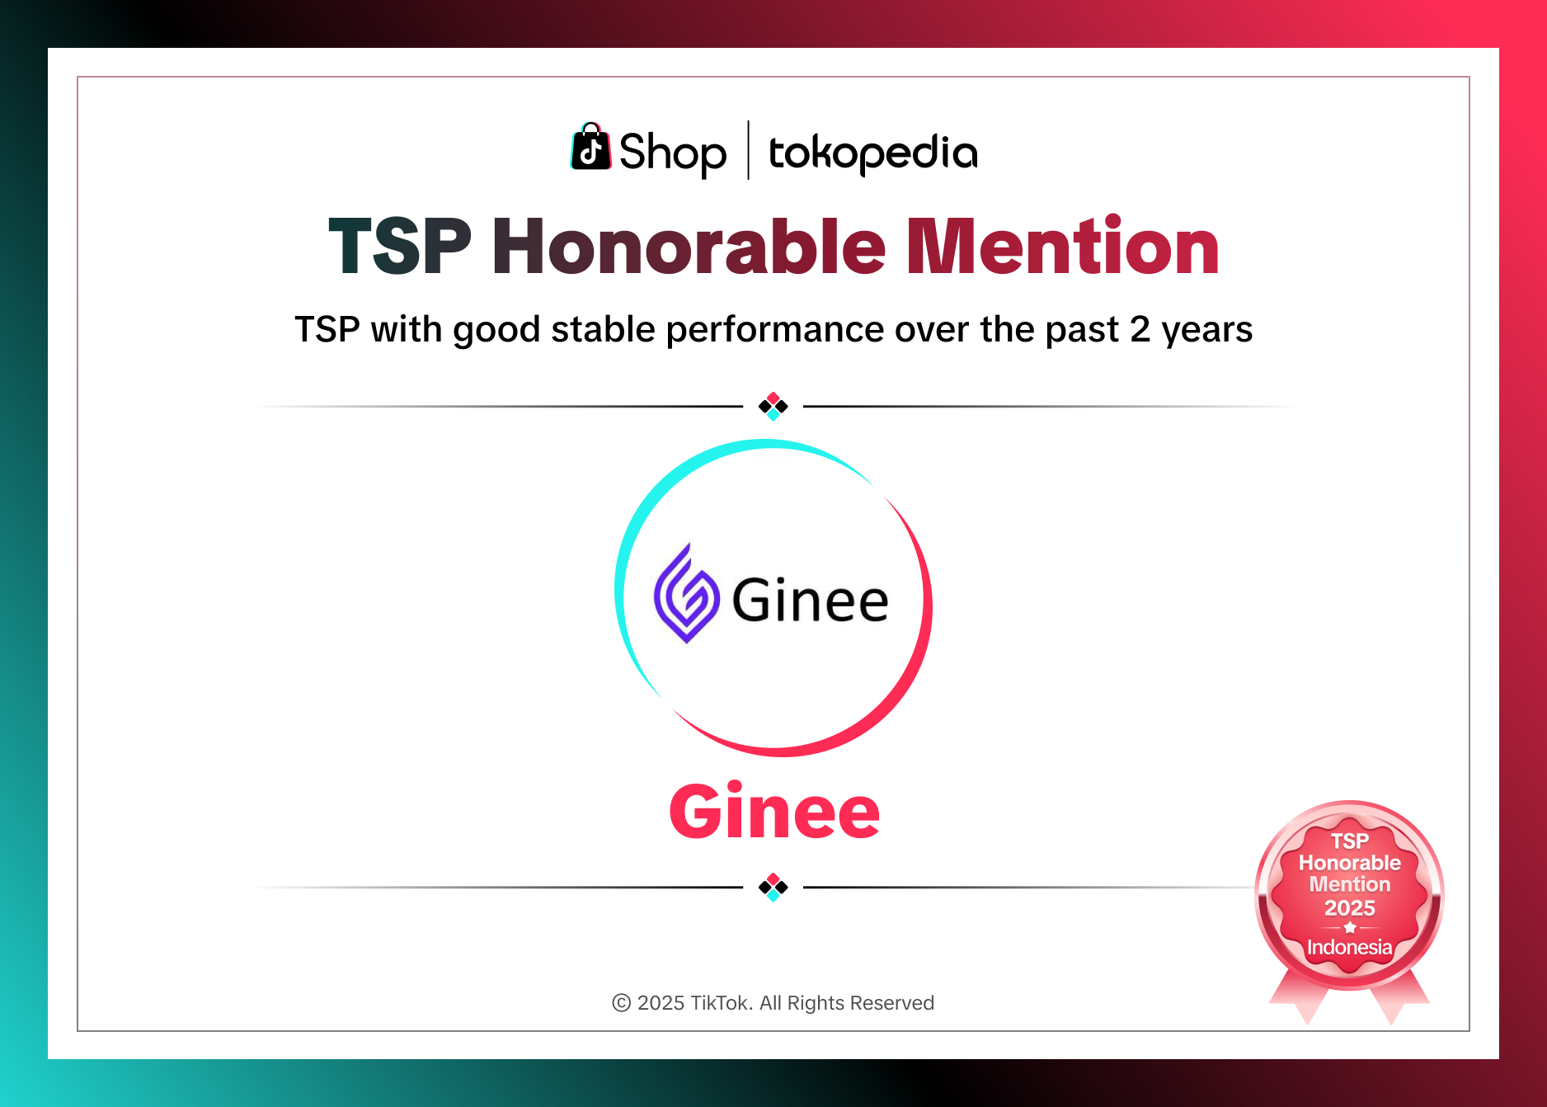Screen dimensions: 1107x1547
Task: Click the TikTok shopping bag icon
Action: [590, 148]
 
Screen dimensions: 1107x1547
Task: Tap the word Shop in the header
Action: [672, 153]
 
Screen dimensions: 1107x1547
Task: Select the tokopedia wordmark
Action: [872, 153]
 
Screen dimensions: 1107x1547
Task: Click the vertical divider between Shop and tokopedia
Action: [748, 150]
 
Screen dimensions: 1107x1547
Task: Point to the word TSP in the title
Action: [400, 247]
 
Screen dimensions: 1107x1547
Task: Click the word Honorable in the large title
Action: [689, 247]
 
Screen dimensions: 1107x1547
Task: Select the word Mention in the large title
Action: [1062, 247]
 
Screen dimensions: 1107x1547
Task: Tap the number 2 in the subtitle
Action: [1140, 329]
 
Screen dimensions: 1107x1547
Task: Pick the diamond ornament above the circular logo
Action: [773, 406]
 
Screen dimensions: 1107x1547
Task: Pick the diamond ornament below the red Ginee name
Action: [773, 888]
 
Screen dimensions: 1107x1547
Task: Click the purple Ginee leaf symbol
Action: [685, 595]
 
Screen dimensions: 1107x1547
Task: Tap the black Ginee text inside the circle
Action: [810, 601]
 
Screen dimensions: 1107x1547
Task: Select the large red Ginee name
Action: [774, 812]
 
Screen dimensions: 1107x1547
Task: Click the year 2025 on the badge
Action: [1350, 908]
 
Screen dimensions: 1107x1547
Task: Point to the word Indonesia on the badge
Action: [1350, 947]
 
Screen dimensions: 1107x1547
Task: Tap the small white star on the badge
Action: [1350, 928]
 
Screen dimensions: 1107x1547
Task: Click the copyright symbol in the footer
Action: [622, 1003]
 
